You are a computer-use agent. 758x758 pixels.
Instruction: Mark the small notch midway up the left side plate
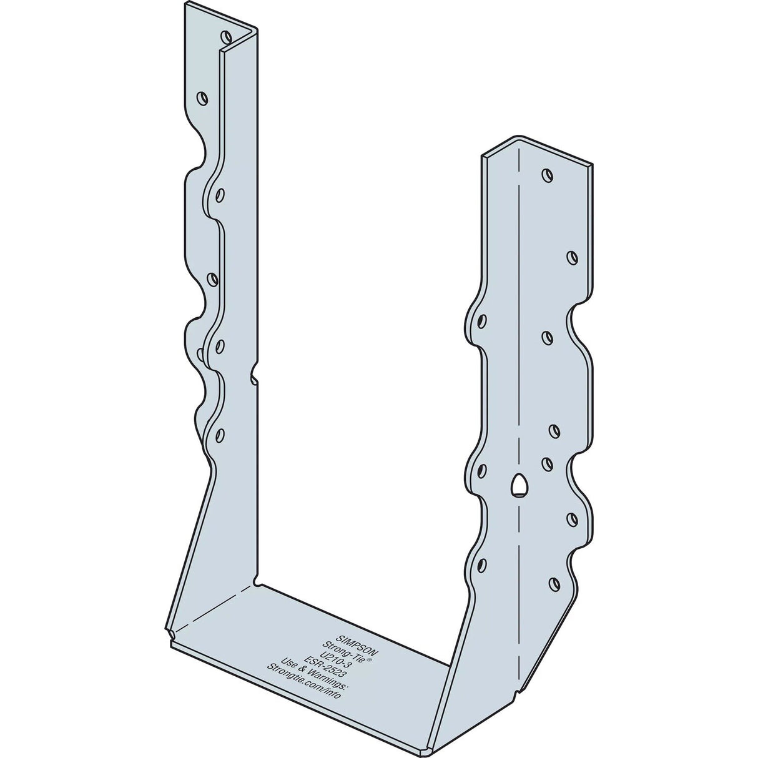click(x=254, y=377)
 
